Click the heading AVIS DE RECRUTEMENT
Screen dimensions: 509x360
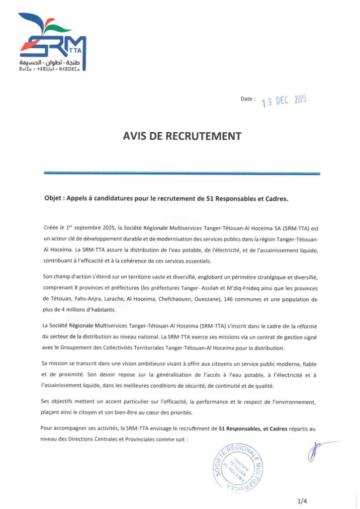[x=182, y=137]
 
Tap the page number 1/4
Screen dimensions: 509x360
[x=302, y=501]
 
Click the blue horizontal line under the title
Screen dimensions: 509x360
[x=182, y=173]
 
